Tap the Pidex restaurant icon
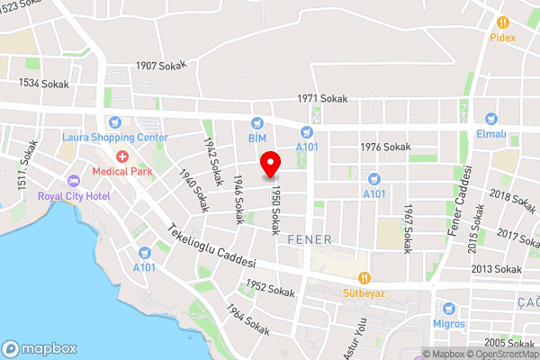click(502, 22)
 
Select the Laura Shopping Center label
click(115, 137)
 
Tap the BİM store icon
click(258, 123)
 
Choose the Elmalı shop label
click(491, 134)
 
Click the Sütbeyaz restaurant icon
click(364, 279)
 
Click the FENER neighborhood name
click(310, 239)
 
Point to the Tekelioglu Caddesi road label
click(212, 246)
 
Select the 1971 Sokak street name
click(323, 99)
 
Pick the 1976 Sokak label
click(385, 147)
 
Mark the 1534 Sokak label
click(43, 83)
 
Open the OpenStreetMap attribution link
click(499, 354)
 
